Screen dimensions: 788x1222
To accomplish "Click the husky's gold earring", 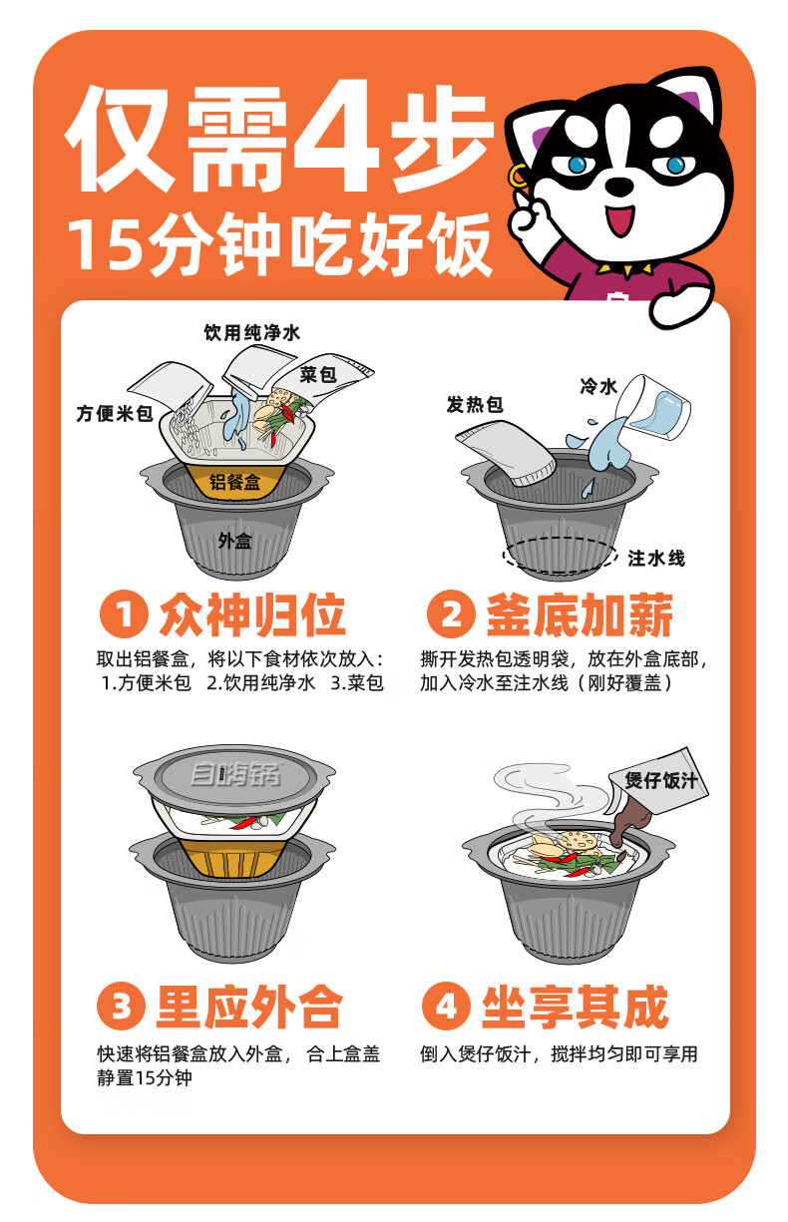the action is tap(516, 176).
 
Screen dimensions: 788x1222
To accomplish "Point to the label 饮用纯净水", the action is tap(252, 333).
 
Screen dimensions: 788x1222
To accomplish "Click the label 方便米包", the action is tap(115, 414).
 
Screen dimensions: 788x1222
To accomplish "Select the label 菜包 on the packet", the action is tap(318, 374).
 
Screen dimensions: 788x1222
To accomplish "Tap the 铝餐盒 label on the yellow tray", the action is tap(234, 482).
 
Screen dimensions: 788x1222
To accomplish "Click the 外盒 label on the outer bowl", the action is tap(235, 541).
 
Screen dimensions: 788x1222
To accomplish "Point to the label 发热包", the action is tap(475, 405).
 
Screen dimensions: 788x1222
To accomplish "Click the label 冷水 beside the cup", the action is tap(598, 386).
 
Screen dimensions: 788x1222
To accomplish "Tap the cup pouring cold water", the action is tap(654, 407).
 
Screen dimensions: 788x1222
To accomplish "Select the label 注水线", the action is tap(656, 558).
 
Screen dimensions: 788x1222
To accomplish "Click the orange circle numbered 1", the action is tap(124, 614).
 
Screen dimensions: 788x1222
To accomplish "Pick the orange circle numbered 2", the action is tap(451, 614).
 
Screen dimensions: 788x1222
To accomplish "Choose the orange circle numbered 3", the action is tap(121, 1007).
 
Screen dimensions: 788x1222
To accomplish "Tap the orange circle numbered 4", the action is tap(446, 1007).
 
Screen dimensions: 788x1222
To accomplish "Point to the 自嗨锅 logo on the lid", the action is tap(235, 775).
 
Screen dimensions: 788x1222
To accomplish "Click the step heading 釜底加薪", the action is tap(580, 614).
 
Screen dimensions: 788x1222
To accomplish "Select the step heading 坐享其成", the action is tap(575, 1007).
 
